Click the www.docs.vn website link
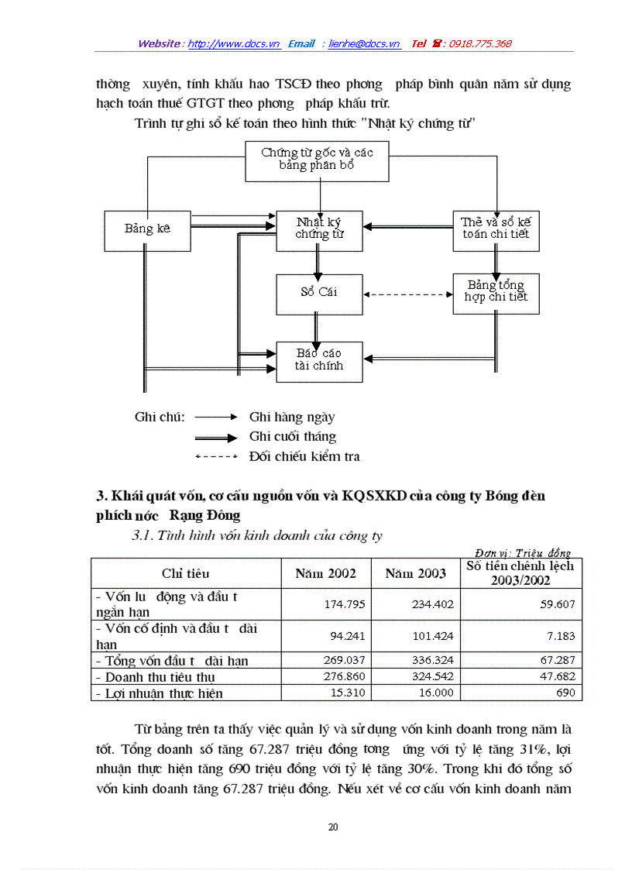(x=234, y=44)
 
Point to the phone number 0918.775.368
(x=476, y=44)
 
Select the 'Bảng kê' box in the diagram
(x=147, y=229)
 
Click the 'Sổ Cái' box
(x=319, y=293)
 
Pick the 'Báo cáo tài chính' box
(x=319, y=360)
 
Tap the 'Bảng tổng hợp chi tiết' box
(x=496, y=292)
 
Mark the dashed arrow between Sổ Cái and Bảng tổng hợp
(x=407, y=294)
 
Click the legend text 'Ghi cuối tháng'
(x=292, y=437)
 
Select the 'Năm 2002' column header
(x=326, y=573)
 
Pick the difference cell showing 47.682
(x=558, y=676)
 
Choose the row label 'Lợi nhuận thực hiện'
(x=162, y=693)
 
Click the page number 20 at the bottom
(x=333, y=827)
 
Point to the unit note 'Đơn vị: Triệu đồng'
(x=523, y=552)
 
